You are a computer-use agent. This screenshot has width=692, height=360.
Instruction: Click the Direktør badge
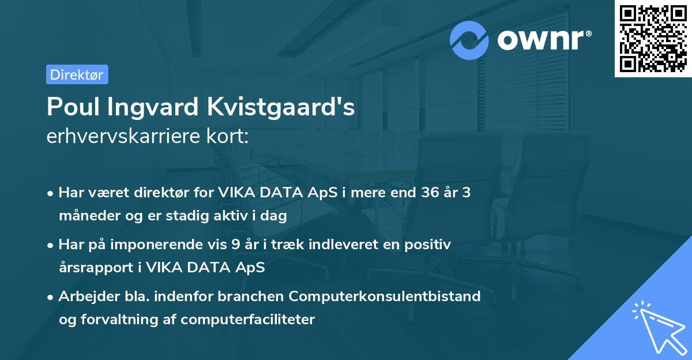coord(77,74)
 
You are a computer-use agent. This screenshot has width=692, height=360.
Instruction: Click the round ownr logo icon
coord(469,40)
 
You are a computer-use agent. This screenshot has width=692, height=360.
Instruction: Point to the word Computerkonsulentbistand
coord(385,297)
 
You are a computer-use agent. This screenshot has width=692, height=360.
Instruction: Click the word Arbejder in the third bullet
coord(84,297)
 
